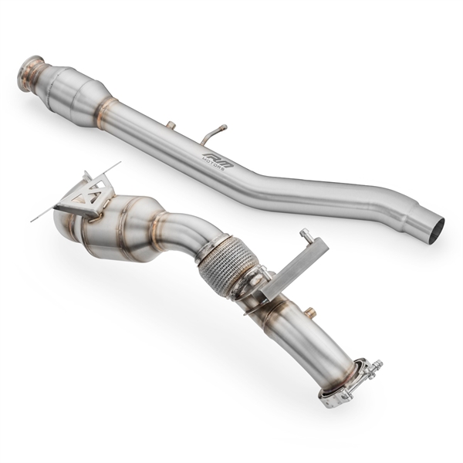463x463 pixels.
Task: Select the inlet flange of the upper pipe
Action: tap(29, 69)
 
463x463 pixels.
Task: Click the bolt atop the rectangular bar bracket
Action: tap(306, 235)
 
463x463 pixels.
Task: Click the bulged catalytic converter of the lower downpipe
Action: tap(116, 228)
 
